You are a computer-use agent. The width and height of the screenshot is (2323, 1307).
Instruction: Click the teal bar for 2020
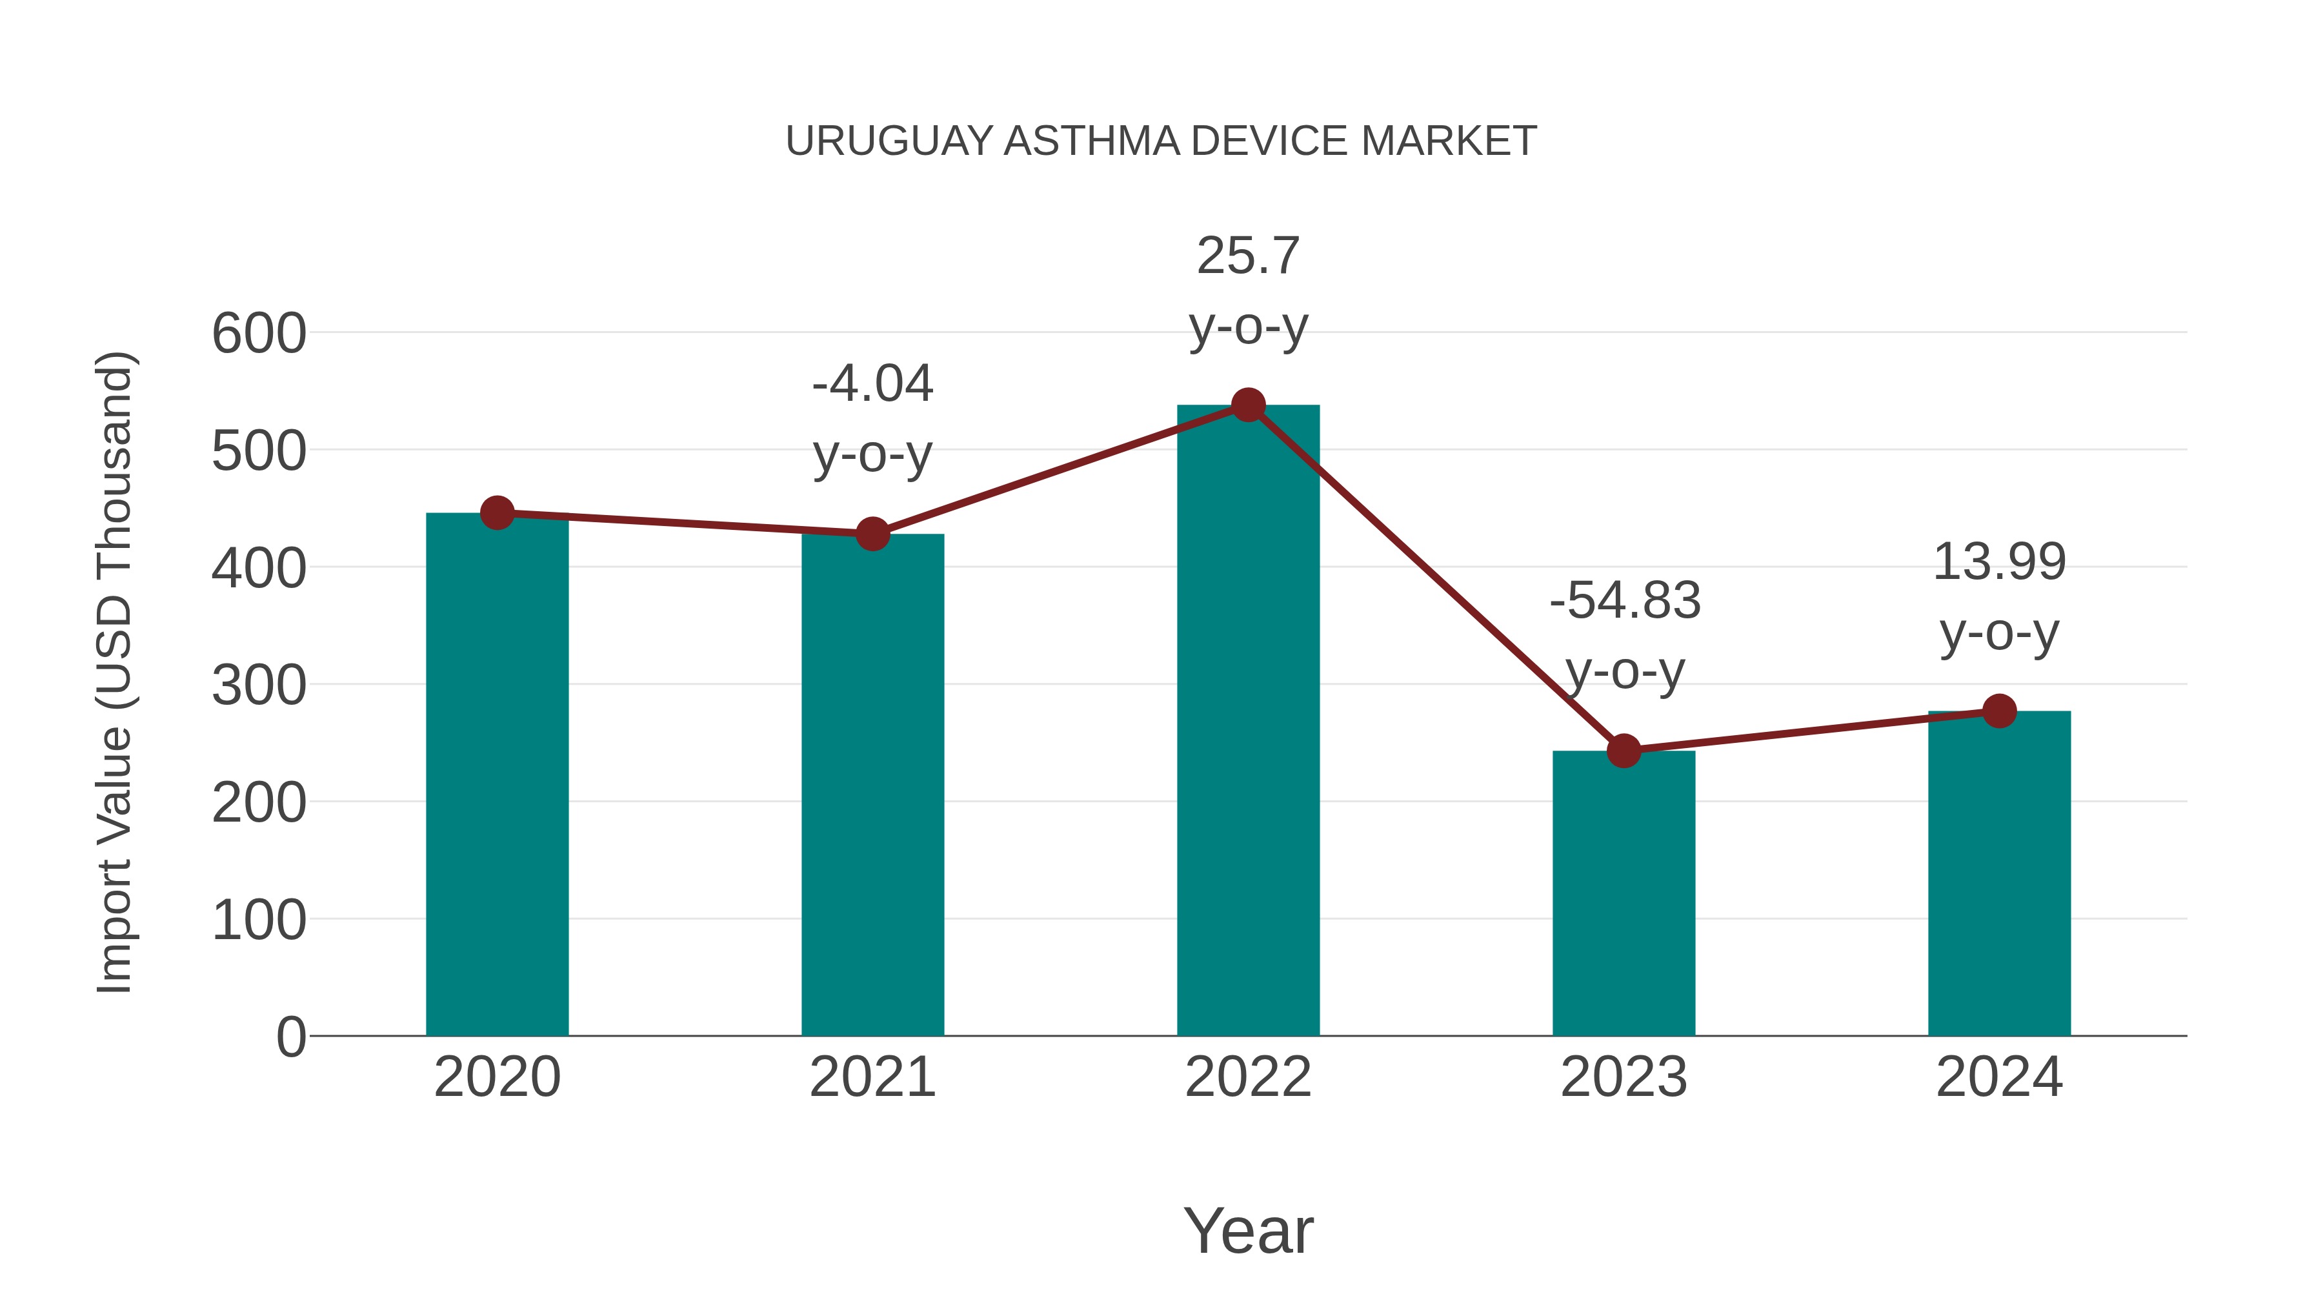(x=497, y=776)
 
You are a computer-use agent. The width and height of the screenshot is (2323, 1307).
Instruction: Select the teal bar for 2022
(x=1248, y=722)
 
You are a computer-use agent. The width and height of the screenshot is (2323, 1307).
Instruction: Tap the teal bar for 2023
(x=1624, y=893)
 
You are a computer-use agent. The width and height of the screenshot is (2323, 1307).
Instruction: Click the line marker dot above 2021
(x=872, y=534)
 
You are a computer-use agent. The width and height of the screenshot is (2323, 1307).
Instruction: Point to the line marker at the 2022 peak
(x=1248, y=405)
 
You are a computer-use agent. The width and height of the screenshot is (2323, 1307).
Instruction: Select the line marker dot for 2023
(x=1624, y=751)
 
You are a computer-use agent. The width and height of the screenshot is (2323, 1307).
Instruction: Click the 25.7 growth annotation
(x=1248, y=256)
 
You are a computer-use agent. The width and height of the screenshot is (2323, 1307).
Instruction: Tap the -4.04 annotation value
(x=872, y=384)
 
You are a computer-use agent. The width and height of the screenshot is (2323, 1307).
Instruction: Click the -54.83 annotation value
(x=1625, y=601)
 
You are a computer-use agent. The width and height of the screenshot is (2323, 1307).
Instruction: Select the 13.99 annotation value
(x=1999, y=563)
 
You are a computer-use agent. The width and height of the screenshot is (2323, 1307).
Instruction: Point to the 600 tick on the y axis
(x=259, y=334)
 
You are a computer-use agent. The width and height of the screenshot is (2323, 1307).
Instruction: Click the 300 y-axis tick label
(x=259, y=685)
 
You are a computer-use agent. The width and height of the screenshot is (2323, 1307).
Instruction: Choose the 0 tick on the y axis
(x=290, y=1037)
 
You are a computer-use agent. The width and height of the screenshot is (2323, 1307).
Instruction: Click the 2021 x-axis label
(x=872, y=1077)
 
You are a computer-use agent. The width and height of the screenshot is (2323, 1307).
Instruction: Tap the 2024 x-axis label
(x=1999, y=1077)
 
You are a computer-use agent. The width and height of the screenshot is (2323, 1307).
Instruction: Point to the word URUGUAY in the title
(x=889, y=141)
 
